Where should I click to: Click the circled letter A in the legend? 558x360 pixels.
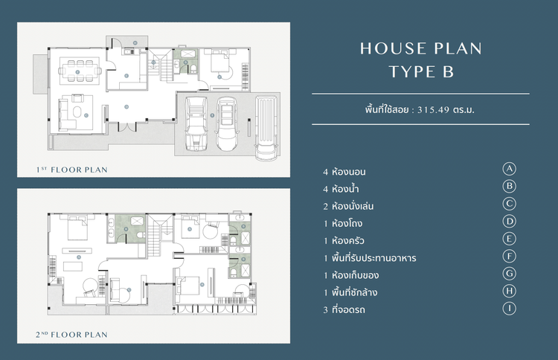coord(509,169)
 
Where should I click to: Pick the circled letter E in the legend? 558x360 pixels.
coord(509,239)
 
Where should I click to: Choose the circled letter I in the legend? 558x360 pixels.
coord(509,308)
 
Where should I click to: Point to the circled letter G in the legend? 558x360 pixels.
coord(509,273)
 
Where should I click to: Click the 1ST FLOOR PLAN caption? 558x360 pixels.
coord(72,170)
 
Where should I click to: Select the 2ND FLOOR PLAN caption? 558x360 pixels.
coord(72,335)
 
